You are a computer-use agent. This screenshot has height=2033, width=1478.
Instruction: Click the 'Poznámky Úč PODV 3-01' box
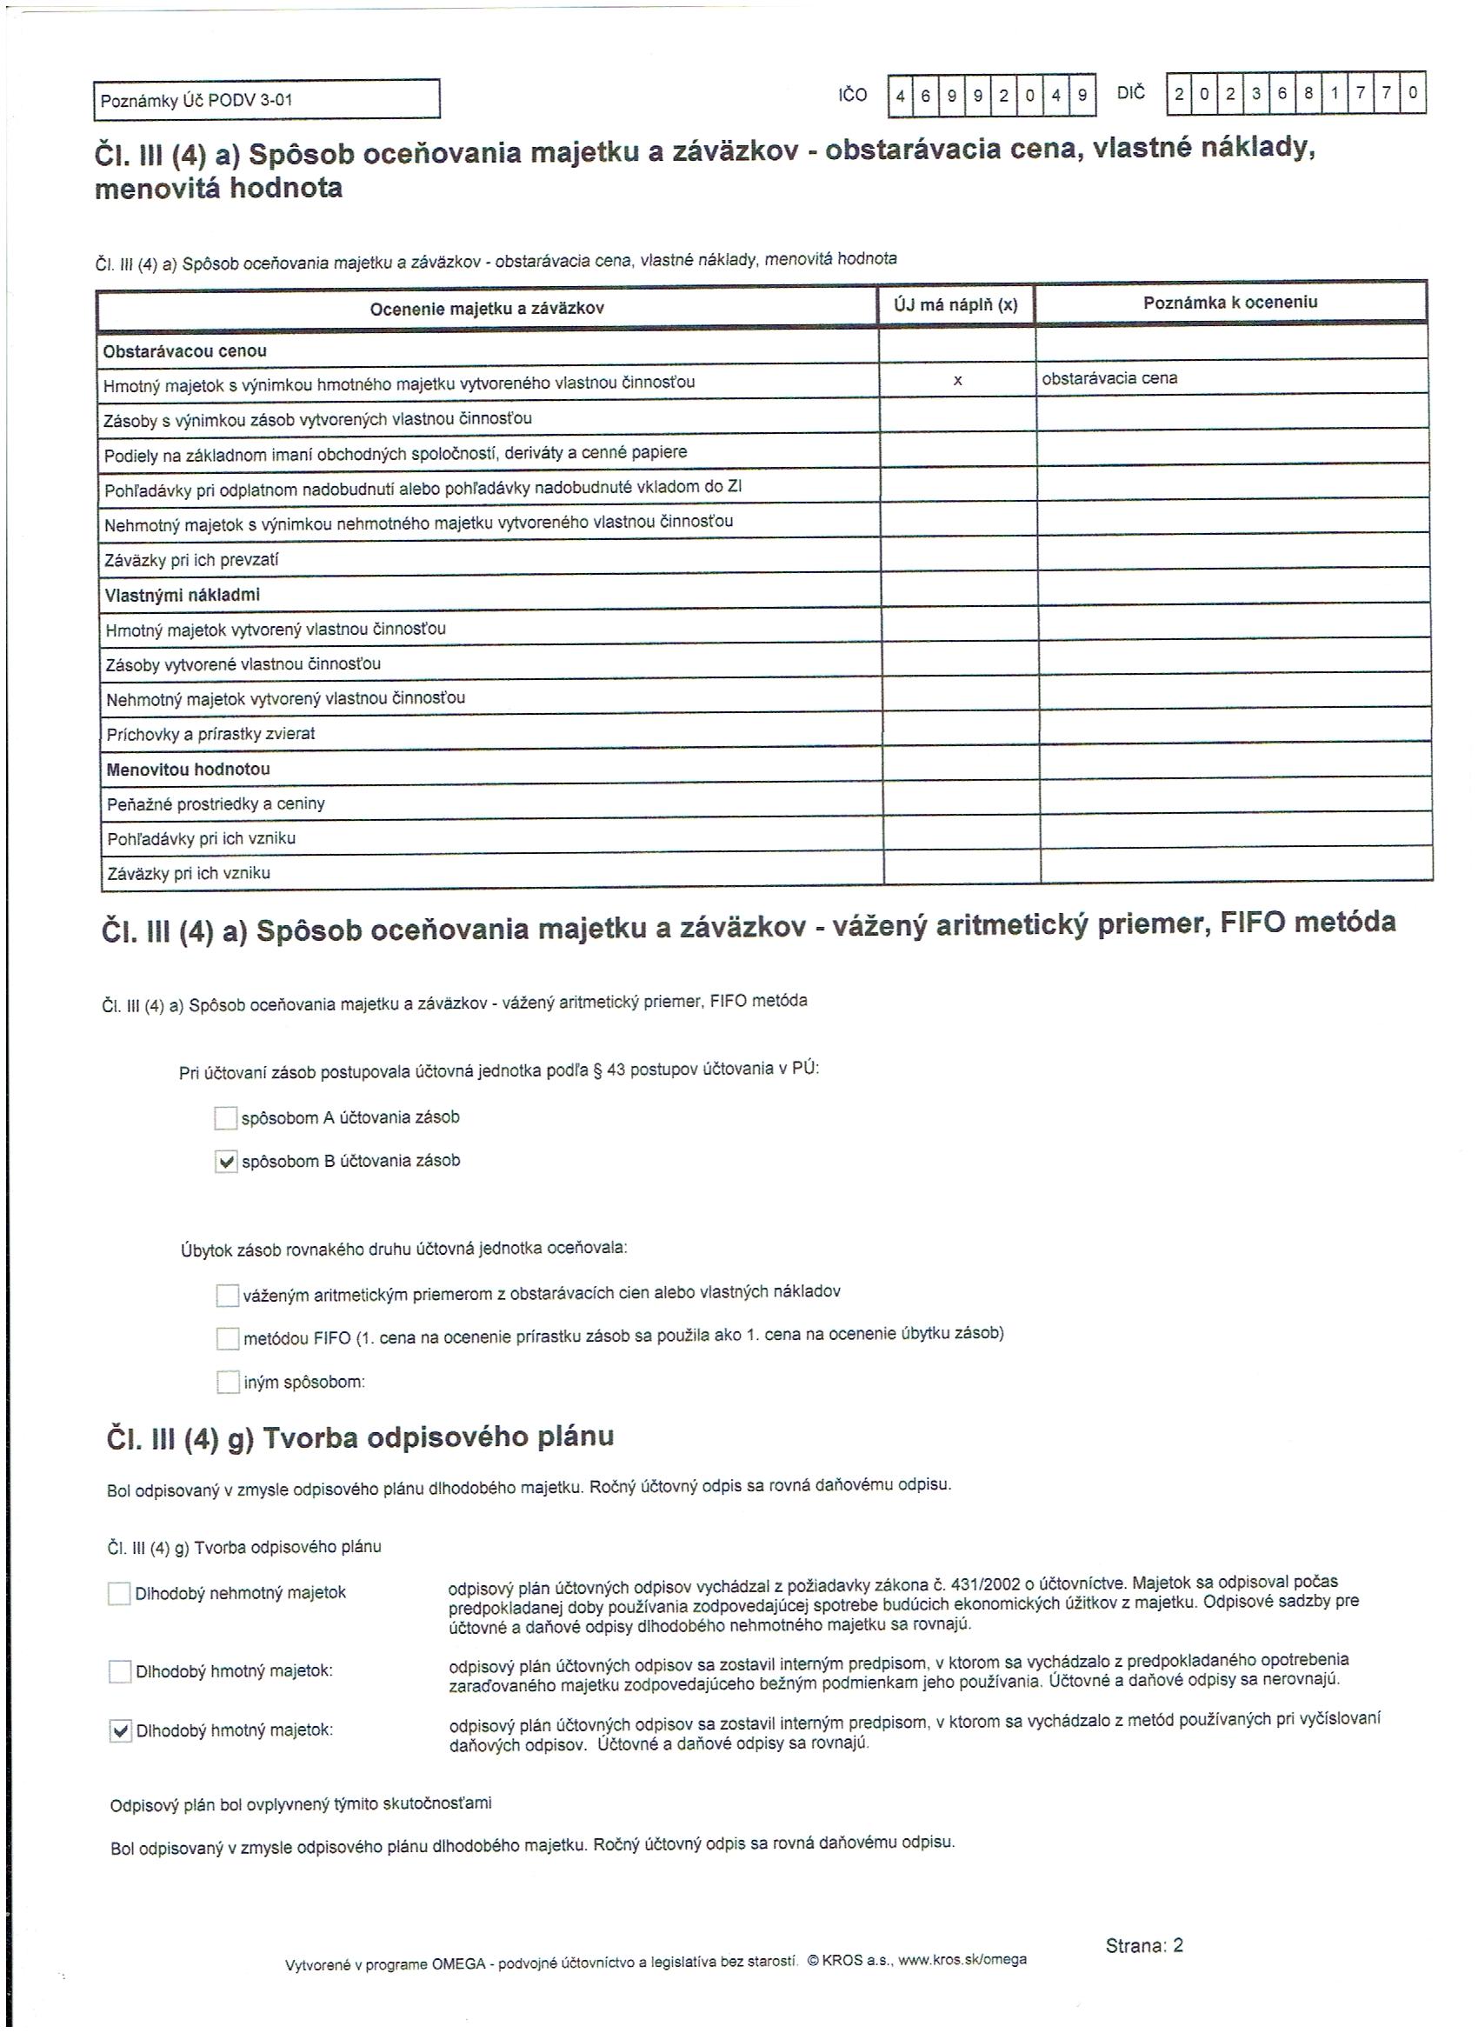coord(266,99)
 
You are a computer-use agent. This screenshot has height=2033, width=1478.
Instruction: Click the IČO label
coord(852,95)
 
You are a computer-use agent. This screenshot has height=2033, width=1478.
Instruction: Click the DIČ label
coord(1131,93)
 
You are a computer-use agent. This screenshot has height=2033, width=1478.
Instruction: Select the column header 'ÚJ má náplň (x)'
coord(955,304)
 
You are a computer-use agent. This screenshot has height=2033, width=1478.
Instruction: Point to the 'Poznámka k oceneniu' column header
coord(1229,302)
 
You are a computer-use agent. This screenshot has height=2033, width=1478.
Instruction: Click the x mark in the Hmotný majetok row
coord(957,381)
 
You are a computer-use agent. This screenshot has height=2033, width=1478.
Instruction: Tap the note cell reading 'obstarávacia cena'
coord(1109,378)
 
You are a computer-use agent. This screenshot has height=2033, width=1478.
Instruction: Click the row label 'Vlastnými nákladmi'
coord(182,595)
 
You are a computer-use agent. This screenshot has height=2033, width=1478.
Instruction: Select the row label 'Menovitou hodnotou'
coord(188,769)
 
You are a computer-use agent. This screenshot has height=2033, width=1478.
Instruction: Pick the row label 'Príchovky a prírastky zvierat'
coord(210,734)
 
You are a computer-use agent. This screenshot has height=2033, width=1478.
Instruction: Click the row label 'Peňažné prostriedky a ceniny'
coord(215,804)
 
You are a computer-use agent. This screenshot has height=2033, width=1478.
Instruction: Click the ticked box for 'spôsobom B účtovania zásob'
coord(227,1162)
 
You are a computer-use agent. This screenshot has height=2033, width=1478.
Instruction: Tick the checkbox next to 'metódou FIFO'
coord(228,1338)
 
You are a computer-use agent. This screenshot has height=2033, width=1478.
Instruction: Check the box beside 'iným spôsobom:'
coord(229,1383)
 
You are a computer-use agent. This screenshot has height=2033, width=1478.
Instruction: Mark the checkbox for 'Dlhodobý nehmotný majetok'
coord(119,1594)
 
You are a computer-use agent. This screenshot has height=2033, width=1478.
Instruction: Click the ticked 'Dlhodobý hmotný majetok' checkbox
coord(120,1731)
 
